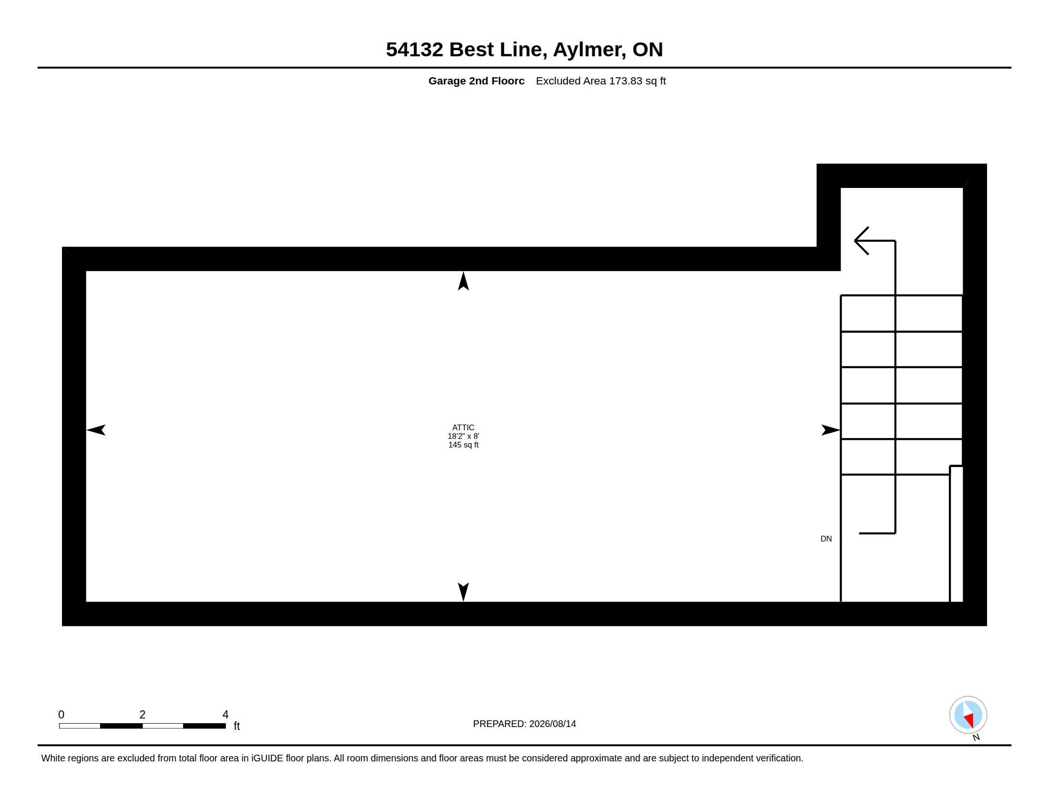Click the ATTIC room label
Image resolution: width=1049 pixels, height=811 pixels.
click(463, 427)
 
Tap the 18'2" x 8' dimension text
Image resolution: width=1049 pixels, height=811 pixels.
click(463, 436)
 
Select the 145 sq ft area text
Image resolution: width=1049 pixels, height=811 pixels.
click(463, 445)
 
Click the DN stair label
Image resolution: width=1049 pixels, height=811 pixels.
click(826, 539)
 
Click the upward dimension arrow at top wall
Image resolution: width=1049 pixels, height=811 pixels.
click(463, 281)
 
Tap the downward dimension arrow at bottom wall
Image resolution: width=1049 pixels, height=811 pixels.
click(463, 592)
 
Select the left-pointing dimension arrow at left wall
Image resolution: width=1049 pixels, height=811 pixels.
click(96, 430)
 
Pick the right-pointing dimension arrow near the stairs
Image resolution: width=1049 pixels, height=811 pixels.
click(831, 430)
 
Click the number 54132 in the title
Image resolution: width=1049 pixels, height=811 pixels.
click(414, 50)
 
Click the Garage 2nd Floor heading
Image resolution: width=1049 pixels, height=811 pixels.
click(476, 81)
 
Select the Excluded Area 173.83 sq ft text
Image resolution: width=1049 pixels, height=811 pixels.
click(601, 81)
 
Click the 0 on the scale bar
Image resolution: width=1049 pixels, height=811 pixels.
click(62, 715)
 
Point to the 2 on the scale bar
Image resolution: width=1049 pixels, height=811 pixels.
click(142, 715)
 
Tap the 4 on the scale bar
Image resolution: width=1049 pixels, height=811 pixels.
click(225, 715)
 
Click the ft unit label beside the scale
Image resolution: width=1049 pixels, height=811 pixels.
click(237, 726)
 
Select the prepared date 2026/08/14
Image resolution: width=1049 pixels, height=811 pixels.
click(552, 724)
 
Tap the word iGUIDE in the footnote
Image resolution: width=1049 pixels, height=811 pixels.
click(267, 758)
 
